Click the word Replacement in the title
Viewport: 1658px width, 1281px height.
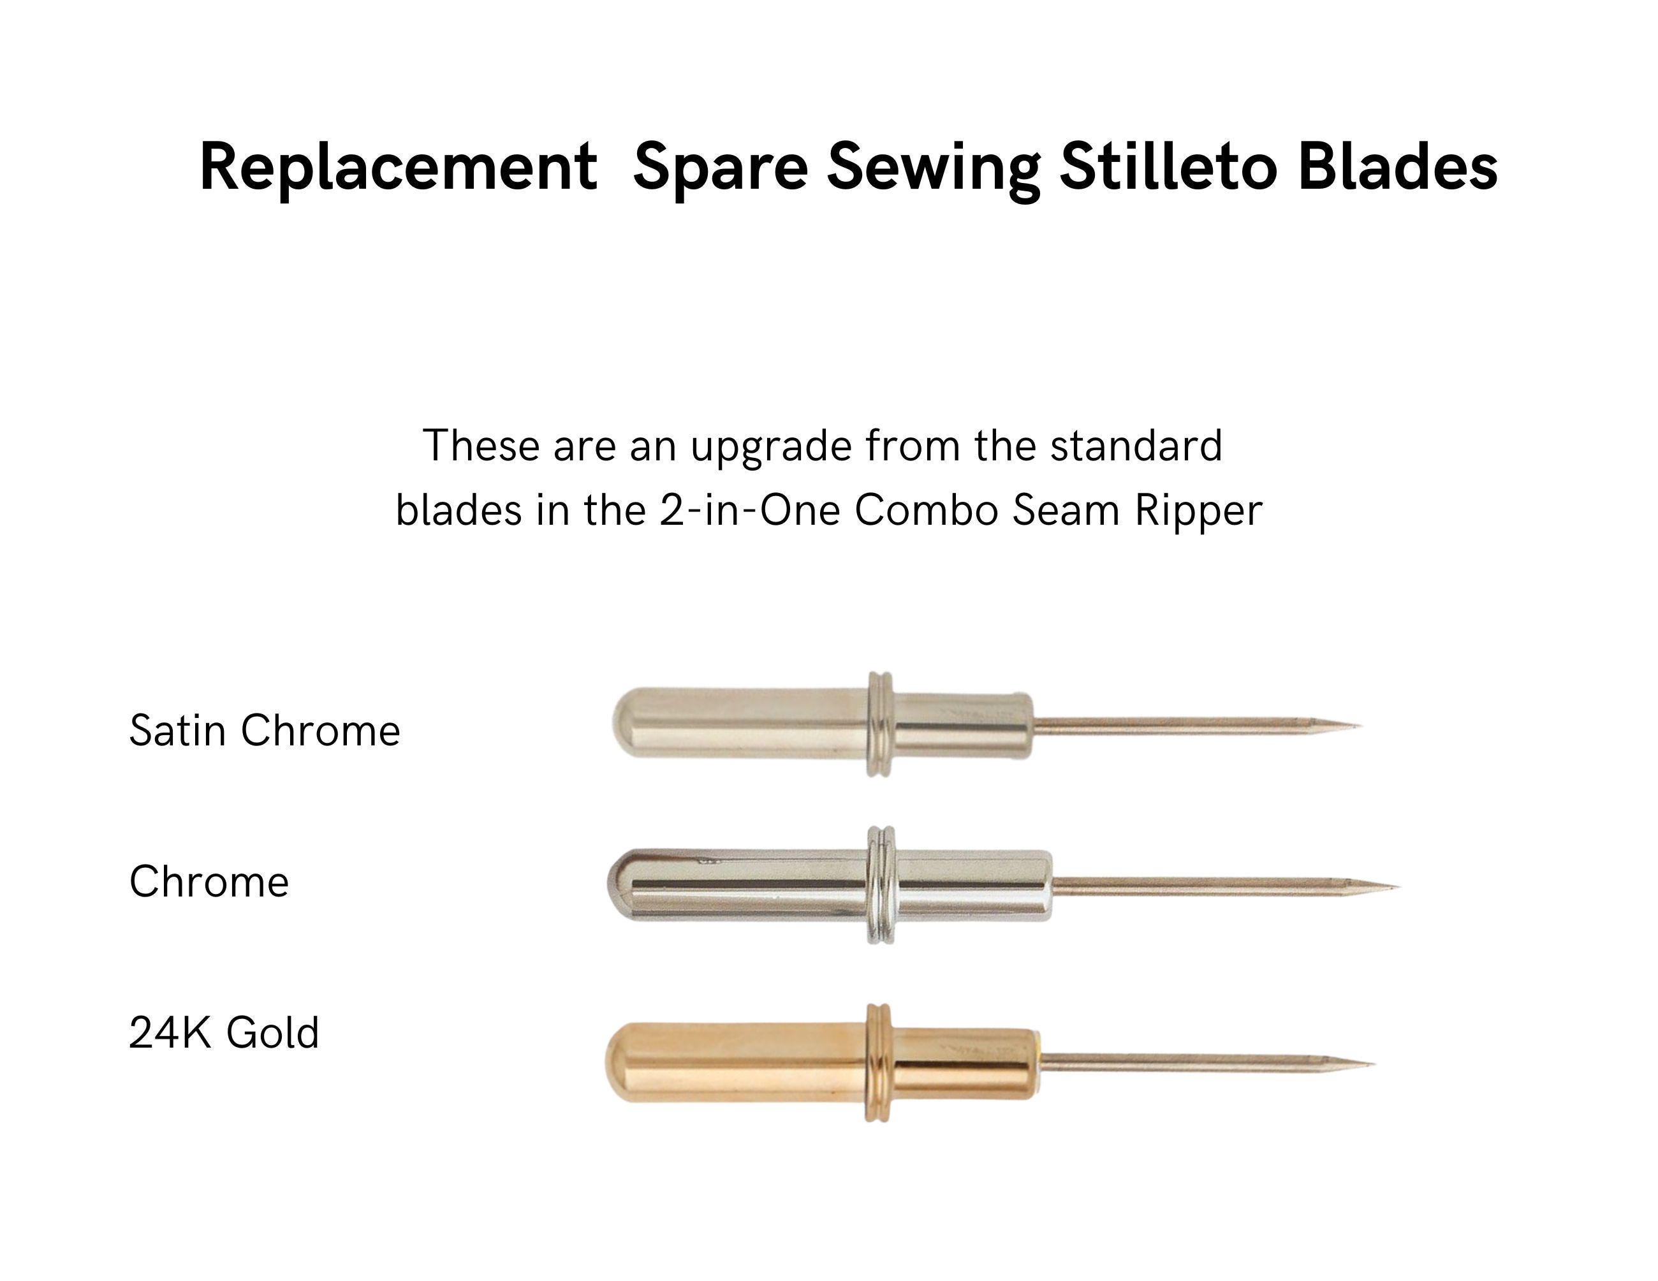pos(398,167)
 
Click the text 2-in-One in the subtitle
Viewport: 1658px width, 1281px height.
pos(749,511)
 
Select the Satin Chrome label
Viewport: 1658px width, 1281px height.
pos(264,730)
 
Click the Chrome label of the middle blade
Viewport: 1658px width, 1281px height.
pos(209,881)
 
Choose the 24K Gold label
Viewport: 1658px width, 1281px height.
pos(224,1032)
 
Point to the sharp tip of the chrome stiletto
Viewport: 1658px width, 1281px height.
pos(1398,886)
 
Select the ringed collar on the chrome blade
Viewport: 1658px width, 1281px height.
pos(881,885)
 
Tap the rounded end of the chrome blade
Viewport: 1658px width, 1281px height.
pos(624,885)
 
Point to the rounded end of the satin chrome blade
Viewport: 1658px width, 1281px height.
pos(629,724)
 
